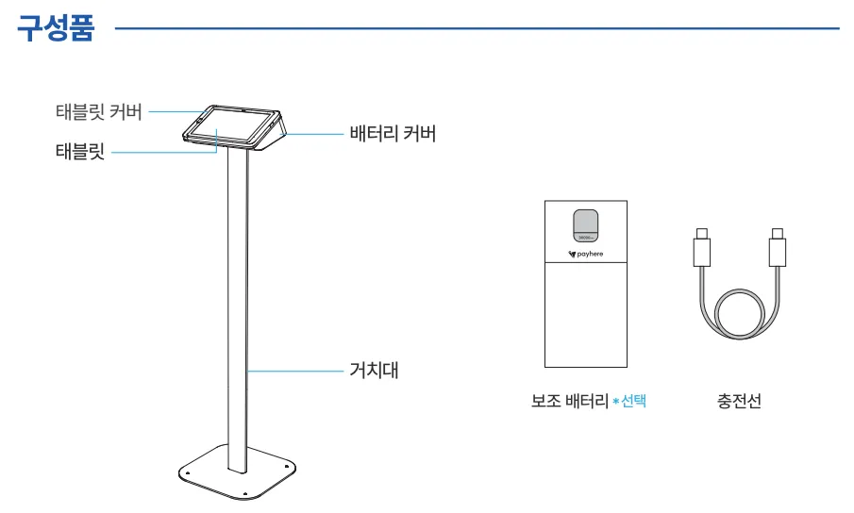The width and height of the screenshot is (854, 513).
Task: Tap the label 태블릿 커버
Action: [x=99, y=112]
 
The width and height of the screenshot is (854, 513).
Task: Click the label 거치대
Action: [x=375, y=370]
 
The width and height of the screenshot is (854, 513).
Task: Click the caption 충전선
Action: [x=739, y=402]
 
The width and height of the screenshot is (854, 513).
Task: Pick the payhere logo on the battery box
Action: [x=586, y=254]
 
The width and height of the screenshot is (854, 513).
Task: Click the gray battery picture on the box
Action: [x=586, y=224]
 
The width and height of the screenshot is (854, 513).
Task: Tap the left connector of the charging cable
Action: [x=702, y=250]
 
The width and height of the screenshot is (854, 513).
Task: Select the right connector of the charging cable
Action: [x=777, y=250]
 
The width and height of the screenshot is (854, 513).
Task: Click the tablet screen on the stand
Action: [x=230, y=127]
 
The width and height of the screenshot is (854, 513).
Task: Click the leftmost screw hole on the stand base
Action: [x=188, y=473]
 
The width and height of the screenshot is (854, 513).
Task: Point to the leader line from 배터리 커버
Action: [x=311, y=134]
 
